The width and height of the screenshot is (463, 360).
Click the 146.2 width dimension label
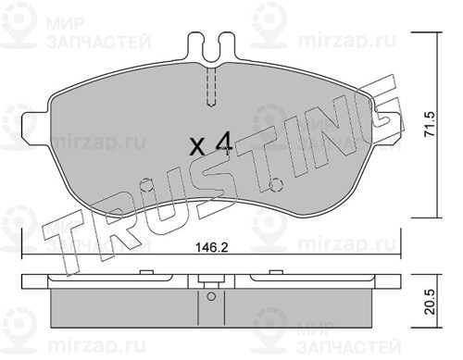(x=212, y=247)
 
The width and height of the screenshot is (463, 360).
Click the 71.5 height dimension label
(x=429, y=124)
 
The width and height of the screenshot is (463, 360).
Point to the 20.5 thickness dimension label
(x=429, y=302)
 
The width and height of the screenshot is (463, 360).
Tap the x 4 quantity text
(x=211, y=144)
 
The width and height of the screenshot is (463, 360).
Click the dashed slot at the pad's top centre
(x=211, y=87)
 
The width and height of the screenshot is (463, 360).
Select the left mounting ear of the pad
(x=35, y=125)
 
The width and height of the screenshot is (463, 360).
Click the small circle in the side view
(x=211, y=296)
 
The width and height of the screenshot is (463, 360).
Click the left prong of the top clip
(x=195, y=46)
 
